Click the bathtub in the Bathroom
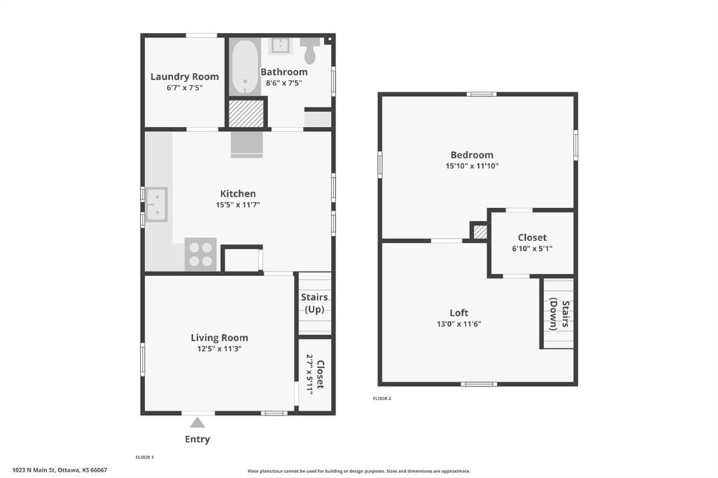click(245, 67)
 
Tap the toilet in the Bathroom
click(310, 50)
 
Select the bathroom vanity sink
click(279, 46)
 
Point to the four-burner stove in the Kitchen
click(201, 254)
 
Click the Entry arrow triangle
click(197, 422)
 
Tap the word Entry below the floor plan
click(197, 439)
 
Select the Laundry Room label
click(184, 76)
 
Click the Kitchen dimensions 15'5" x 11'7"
click(238, 205)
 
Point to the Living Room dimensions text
click(219, 349)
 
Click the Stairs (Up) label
click(315, 303)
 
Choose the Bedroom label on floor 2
click(472, 155)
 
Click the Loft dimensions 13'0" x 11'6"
click(459, 325)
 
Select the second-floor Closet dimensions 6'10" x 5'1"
click(532, 249)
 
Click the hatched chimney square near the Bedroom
click(480, 231)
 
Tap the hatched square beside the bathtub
click(247, 113)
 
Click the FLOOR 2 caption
click(382, 399)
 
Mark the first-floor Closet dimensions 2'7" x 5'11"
click(309, 374)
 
